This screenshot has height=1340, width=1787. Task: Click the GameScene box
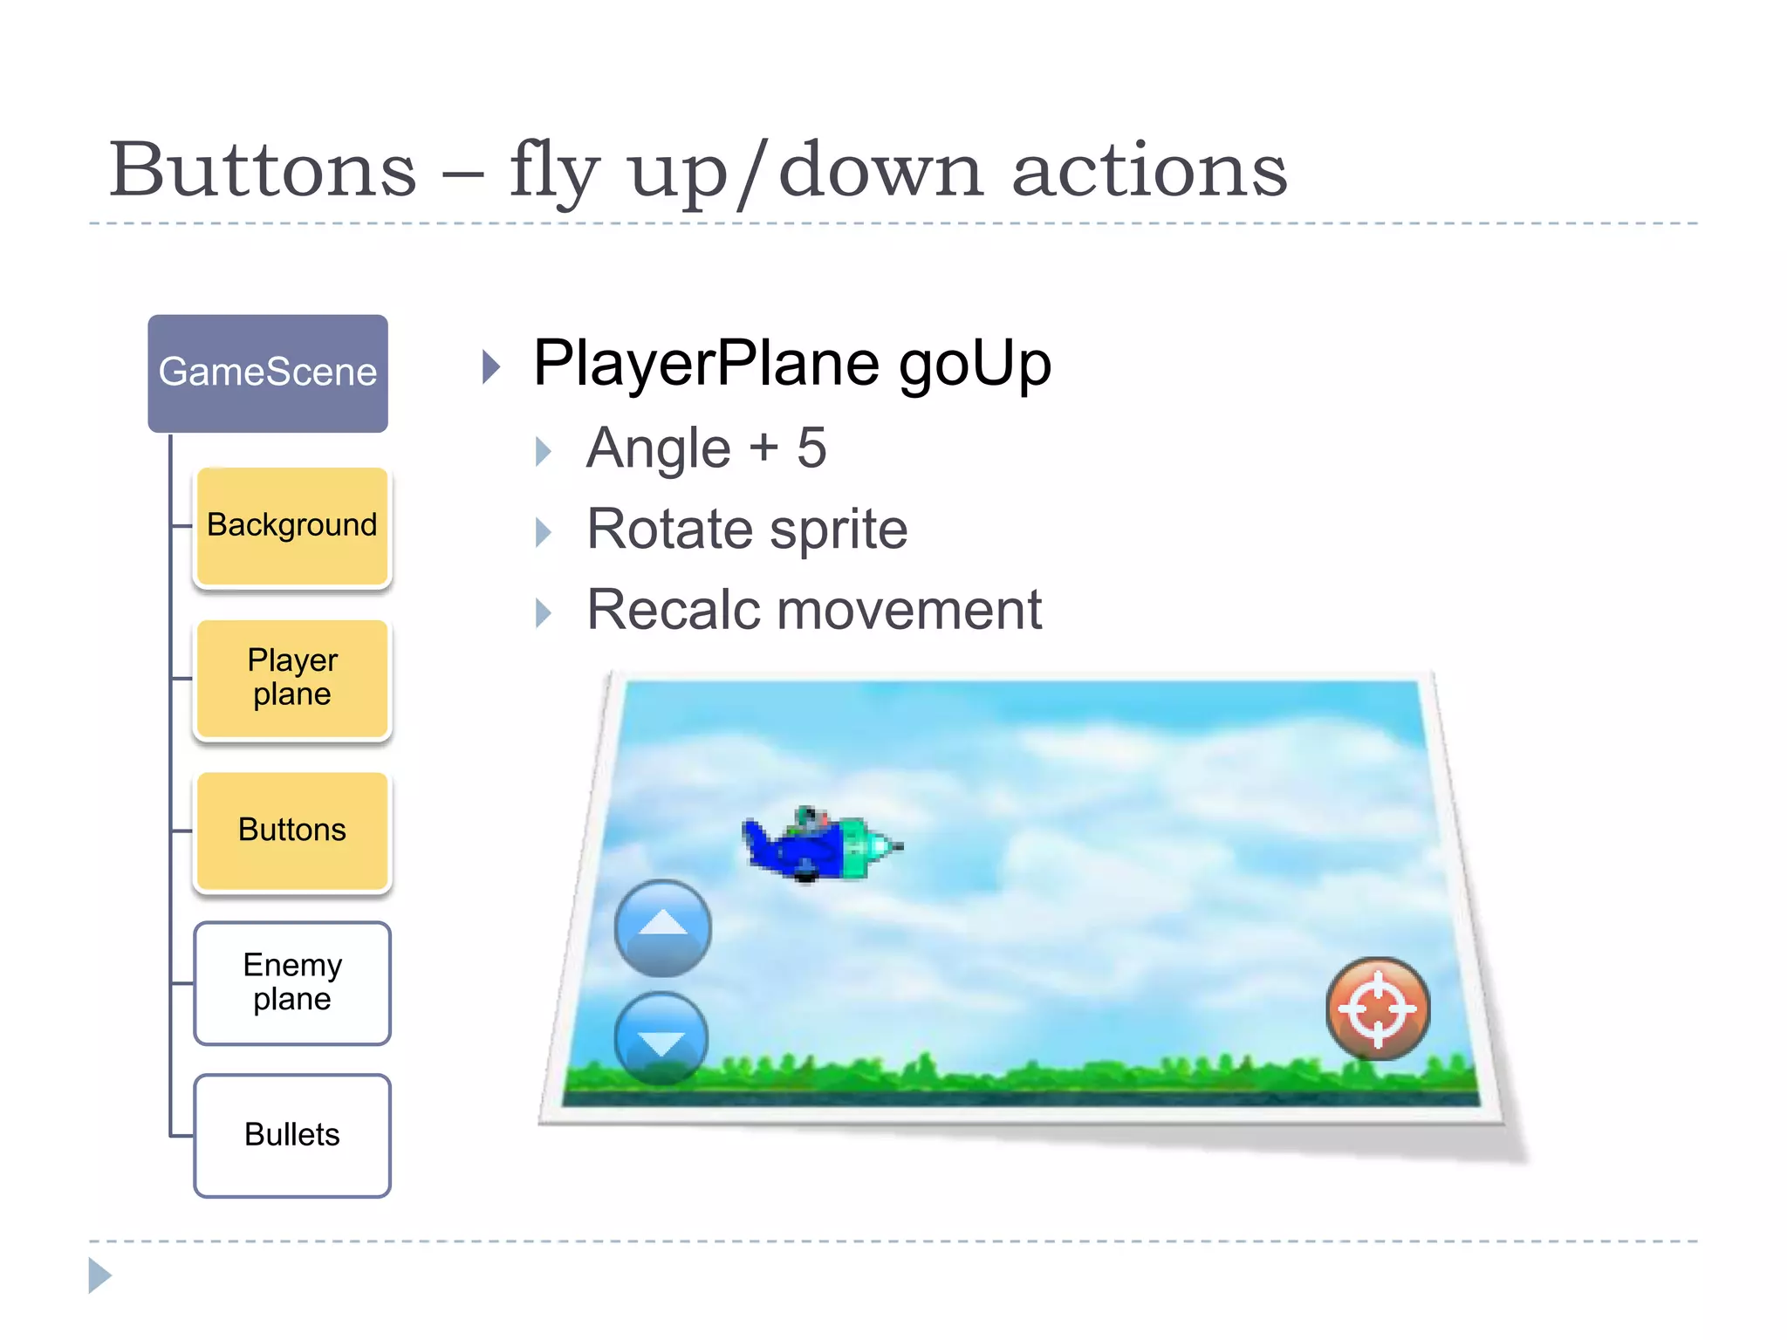click(268, 373)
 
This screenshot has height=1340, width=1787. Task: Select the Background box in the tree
click(292, 526)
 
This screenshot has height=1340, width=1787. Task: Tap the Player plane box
click(292, 678)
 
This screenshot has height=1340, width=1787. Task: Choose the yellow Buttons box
click(292, 830)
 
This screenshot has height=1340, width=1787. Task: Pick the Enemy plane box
click(292, 982)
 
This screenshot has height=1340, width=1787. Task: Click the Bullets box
click(292, 1135)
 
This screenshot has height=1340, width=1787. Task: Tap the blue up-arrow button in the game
click(663, 927)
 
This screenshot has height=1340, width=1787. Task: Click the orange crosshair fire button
click(1378, 1008)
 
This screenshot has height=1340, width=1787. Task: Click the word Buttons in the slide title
click(263, 169)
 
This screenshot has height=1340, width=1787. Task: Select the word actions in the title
click(1149, 169)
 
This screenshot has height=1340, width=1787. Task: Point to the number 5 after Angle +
click(811, 448)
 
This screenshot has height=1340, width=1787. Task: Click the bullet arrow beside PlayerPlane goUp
click(492, 367)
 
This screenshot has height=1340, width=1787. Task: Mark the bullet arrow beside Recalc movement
click(544, 613)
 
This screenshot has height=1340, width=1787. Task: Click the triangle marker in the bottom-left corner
click(100, 1275)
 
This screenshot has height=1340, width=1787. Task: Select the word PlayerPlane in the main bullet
click(707, 364)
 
